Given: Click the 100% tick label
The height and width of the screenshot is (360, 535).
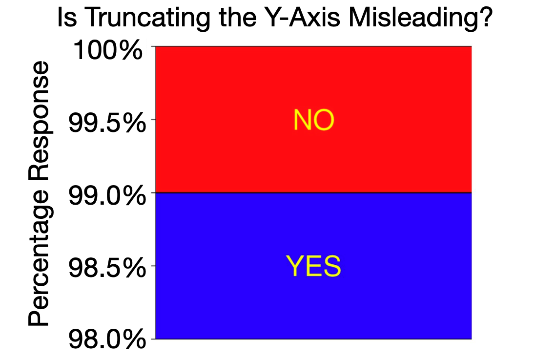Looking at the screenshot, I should click(x=108, y=51).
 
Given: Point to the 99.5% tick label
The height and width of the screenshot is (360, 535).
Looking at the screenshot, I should click(x=107, y=124).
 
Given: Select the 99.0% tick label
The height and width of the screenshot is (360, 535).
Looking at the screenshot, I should click(x=107, y=197).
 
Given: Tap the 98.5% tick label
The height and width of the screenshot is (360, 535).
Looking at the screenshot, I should click(x=107, y=270).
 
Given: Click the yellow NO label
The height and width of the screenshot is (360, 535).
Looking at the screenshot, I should click(x=313, y=120).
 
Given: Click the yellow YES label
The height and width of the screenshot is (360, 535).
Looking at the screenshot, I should click(x=313, y=267).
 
